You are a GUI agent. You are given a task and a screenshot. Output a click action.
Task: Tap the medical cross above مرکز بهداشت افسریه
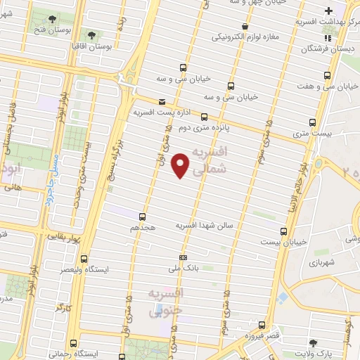click(328, 11)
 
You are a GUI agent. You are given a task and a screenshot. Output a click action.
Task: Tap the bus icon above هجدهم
click(143, 217)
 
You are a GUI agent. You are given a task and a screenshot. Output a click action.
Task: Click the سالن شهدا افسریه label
click(202, 225)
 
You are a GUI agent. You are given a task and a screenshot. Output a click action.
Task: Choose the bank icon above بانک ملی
click(184, 257)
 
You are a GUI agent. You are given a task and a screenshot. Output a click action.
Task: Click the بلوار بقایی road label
click(64, 238)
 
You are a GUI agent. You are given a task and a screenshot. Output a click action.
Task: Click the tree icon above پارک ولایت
click(314, 342)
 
